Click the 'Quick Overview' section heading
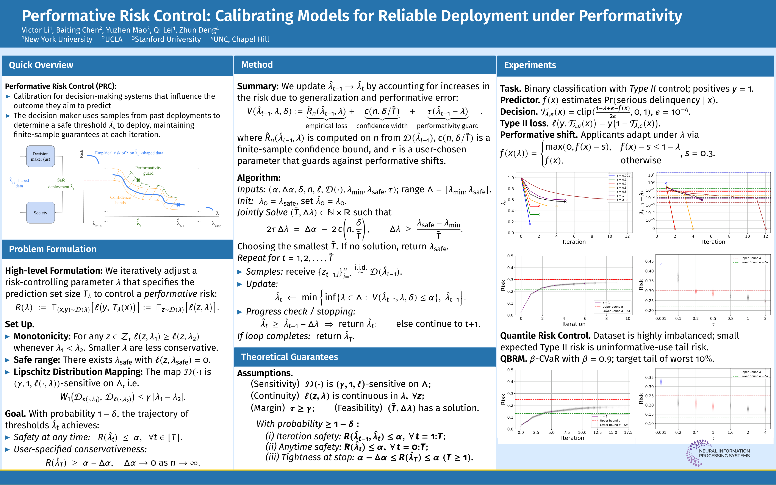41,65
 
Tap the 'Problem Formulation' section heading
53,249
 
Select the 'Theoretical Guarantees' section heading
289,357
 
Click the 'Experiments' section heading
530,65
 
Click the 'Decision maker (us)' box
40,156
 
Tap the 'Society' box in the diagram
40,213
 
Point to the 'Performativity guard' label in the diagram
148,170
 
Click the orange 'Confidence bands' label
120,200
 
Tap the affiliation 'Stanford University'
167,39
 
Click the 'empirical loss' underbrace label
326,126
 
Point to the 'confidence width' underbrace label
382,126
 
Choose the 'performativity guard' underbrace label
448,126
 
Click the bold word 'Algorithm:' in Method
259,178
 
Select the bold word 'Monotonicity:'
42,336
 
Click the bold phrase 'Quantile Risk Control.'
545,336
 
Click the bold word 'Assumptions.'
265,373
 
